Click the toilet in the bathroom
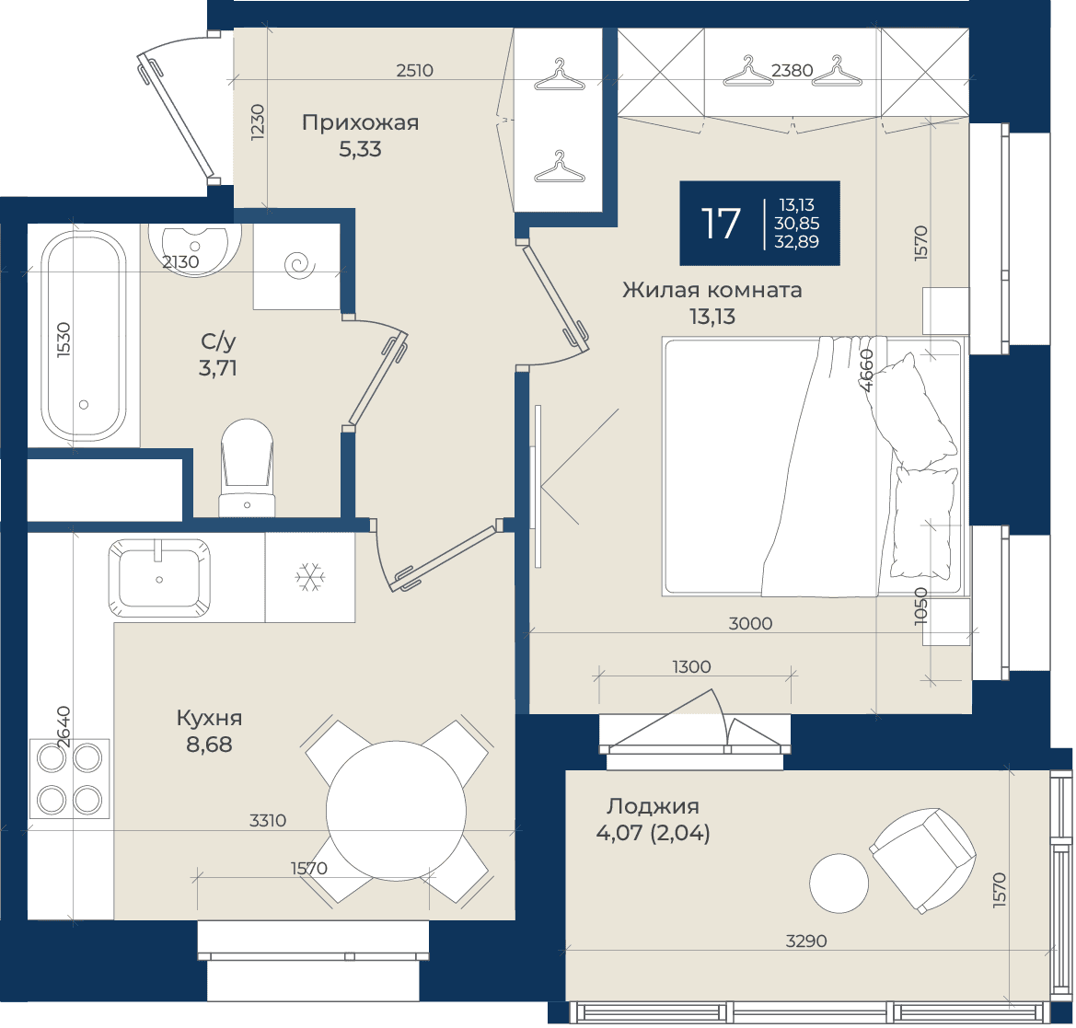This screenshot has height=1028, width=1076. coord(247,468)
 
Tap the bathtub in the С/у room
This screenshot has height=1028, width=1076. coord(83,336)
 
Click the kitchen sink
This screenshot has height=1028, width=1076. coord(159,578)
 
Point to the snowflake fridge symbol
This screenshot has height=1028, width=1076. coord(310,578)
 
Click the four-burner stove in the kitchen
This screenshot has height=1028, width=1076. coord(69,779)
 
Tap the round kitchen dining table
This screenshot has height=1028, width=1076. coord(396,811)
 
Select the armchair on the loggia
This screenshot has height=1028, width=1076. coord(923,861)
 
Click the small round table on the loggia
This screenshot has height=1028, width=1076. coord(839,884)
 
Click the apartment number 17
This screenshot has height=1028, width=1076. coord(721,224)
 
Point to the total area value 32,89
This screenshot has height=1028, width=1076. coord(797,241)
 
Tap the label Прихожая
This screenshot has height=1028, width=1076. coord(360,122)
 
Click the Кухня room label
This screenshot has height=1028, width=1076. coord(209,719)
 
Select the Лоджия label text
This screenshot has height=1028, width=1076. coord(653,806)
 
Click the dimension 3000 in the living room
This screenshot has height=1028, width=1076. coord(750,624)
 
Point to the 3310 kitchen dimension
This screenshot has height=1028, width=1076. coord(268,821)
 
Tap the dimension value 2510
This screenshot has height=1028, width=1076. coord(415,71)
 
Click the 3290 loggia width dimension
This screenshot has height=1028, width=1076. coord(806,941)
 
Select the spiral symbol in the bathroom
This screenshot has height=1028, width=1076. coord(300,266)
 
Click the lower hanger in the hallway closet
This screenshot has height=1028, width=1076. coord(560,167)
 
